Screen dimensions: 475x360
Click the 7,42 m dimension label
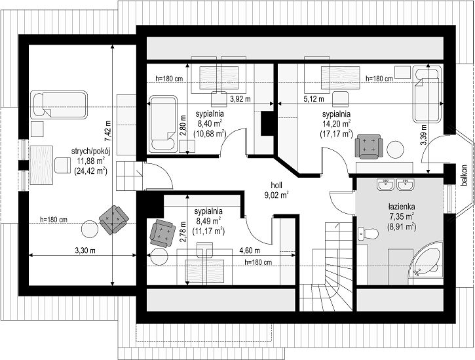(108, 131)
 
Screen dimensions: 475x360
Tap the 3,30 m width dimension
(85, 250)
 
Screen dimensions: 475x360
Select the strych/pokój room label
(90, 151)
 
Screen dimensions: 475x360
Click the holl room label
(276, 185)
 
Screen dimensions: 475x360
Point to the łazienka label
(402, 207)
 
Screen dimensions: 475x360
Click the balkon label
(464, 175)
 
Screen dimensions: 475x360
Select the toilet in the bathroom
(368, 234)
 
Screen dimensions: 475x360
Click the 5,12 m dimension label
(314, 99)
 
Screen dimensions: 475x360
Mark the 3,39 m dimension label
(423, 134)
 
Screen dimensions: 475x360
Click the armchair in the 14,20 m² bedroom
(369, 147)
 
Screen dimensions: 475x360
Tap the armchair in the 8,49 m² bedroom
(162, 233)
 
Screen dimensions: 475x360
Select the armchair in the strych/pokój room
(114, 220)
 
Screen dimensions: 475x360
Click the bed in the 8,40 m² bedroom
(163, 124)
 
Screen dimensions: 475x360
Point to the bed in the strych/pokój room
(59, 105)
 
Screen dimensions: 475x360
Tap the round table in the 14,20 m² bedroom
(395, 150)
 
